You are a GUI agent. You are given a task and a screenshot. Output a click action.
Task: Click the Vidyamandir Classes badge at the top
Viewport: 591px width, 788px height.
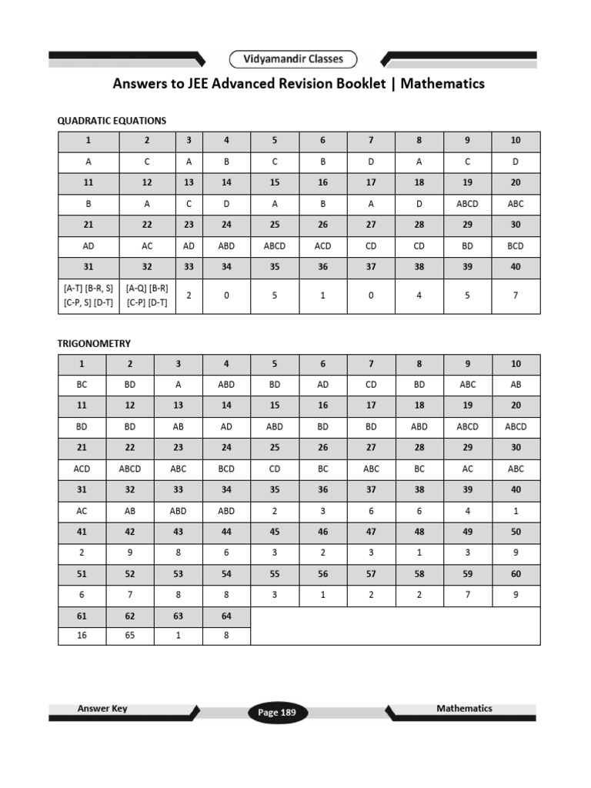tap(293, 59)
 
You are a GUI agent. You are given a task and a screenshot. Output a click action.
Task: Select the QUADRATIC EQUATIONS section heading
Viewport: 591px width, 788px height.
tap(112, 121)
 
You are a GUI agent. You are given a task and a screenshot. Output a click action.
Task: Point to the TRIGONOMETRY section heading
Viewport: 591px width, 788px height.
tap(94, 343)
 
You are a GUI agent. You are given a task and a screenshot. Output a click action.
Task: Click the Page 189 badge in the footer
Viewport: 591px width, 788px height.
tap(277, 713)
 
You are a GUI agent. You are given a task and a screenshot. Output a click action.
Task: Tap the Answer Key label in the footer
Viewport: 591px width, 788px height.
tap(102, 709)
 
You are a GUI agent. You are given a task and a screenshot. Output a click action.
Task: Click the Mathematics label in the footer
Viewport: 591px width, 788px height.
tap(464, 709)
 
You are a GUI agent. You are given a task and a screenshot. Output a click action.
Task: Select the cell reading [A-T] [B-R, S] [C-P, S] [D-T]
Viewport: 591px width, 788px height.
tap(88, 295)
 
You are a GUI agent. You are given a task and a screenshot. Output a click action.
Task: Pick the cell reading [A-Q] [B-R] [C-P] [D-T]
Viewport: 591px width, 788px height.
tap(148, 295)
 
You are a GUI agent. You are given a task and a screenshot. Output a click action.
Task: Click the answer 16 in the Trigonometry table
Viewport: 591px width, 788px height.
tap(82, 636)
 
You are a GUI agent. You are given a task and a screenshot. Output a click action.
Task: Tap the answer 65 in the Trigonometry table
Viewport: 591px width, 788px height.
tap(129, 636)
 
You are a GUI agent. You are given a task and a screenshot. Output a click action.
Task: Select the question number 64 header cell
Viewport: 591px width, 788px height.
tap(226, 616)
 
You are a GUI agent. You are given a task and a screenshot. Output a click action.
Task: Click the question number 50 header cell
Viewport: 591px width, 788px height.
tap(516, 532)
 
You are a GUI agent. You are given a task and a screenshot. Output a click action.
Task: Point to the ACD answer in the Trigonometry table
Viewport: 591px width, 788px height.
tap(82, 469)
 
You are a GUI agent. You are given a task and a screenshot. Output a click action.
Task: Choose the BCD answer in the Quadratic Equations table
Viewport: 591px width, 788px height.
tap(516, 246)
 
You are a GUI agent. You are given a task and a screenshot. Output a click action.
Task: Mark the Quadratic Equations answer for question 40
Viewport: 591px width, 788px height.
tap(516, 295)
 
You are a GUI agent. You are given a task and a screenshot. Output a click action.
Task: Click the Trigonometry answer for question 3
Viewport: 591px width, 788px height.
tap(178, 385)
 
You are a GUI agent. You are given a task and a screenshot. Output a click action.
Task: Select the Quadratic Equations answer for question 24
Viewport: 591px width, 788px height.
tap(226, 246)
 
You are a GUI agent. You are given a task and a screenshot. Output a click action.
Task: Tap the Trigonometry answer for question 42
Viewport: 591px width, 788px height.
tap(129, 553)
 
